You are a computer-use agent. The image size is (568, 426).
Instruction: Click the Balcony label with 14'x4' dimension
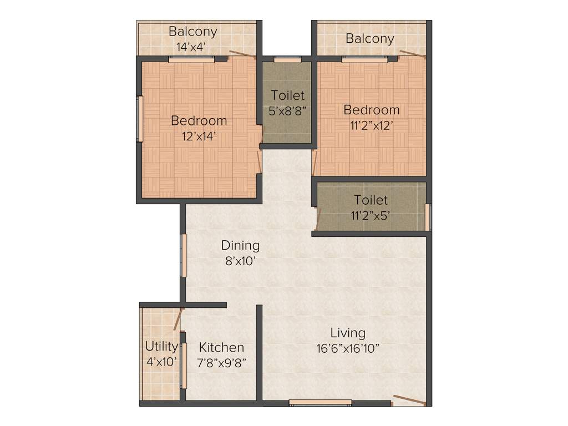pyautogui.click(x=192, y=39)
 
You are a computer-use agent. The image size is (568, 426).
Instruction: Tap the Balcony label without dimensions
pyautogui.click(x=370, y=38)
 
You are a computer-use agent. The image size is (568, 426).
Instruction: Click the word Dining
pyautogui.click(x=240, y=245)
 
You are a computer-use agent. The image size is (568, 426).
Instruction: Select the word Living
pyautogui.click(x=348, y=333)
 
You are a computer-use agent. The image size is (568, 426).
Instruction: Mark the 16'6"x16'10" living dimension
pyautogui.click(x=348, y=349)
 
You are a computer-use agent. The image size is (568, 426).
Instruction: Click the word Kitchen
pyautogui.click(x=221, y=347)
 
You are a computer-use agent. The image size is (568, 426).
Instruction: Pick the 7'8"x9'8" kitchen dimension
pyautogui.click(x=221, y=363)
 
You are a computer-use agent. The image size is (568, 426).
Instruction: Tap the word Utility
pyautogui.click(x=161, y=347)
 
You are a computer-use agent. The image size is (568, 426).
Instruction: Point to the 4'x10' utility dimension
pyautogui.click(x=161, y=362)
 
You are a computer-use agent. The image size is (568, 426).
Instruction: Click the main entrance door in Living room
pyautogui.click(x=409, y=400)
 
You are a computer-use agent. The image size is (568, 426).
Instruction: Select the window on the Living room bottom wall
pyautogui.click(x=320, y=403)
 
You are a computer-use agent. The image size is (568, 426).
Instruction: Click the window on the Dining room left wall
pyautogui.click(x=184, y=255)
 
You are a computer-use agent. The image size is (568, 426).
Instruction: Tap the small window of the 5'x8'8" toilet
pyautogui.click(x=283, y=59)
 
